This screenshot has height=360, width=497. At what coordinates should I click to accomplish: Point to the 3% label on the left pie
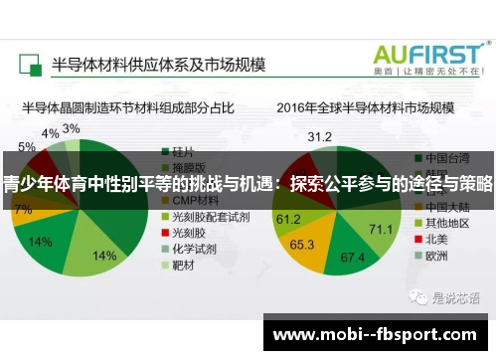pyautogui.click(x=72, y=128)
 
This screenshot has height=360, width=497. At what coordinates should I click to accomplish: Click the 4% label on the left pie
pyautogui.click(x=49, y=133)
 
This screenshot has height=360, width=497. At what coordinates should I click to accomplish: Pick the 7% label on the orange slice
pyautogui.click(x=23, y=209)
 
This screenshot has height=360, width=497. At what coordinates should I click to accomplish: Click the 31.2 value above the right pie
pyautogui.click(x=320, y=136)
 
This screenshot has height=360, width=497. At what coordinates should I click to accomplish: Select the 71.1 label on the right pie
pyautogui.click(x=381, y=229)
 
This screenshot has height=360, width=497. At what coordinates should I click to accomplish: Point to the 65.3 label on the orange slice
pyautogui.click(x=302, y=243)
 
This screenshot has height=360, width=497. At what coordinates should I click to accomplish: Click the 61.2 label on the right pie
pyautogui.click(x=288, y=219)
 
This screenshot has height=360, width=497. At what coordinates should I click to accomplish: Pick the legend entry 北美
pyautogui.click(x=438, y=238)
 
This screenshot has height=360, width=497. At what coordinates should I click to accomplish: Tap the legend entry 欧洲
pyautogui.click(x=438, y=255)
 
